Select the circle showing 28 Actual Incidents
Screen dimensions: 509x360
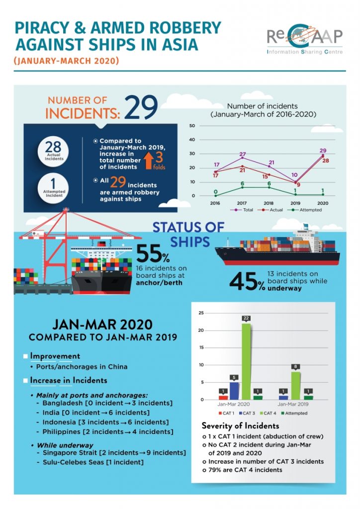[53, 150]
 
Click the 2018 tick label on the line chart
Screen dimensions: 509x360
[269, 203]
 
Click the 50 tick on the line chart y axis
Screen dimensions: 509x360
[192, 126]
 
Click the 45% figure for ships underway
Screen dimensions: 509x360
[247, 281]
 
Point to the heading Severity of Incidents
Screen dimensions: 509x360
[240, 426]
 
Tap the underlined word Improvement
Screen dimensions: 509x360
[55, 356]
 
